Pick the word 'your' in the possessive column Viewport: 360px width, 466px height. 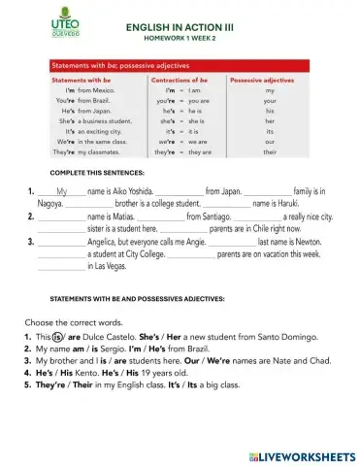pyautogui.click(x=270, y=100)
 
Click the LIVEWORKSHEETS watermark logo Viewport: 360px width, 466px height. pyautogui.click(x=302, y=453)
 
